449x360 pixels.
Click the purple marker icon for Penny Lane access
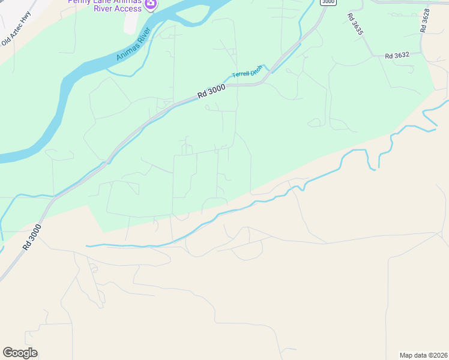click(x=151, y=5)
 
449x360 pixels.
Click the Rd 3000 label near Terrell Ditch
click(x=211, y=91)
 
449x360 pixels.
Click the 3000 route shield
click(x=328, y=2)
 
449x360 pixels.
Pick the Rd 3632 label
click(x=397, y=55)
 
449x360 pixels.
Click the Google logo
click(x=20, y=352)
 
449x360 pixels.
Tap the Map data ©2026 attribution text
click(x=423, y=355)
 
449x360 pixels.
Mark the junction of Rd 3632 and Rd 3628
click(x=422, y=53)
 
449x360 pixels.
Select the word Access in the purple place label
click(x=127, y=9)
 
